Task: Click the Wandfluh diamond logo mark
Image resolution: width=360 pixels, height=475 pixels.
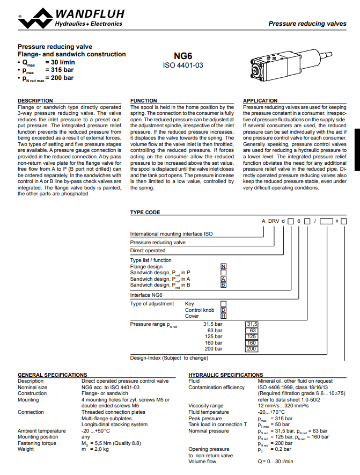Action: (35, 18)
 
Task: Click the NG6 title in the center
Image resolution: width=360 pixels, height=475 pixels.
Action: (183, 56)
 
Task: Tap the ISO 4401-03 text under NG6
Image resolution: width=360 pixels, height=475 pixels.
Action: (183, 65)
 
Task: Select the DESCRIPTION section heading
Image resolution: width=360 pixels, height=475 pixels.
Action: (35, 100)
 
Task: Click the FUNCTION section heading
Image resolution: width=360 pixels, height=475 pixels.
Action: (143, 100)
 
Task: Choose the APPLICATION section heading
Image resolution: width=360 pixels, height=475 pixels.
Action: (260, 100)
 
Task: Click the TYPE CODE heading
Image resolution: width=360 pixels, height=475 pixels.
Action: (145, 213)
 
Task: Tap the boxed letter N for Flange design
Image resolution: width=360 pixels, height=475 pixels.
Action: (223, 267)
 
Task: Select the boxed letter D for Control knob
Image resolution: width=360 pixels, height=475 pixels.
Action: (223, 310)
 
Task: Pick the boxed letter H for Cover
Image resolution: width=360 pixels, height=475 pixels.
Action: (223, 316)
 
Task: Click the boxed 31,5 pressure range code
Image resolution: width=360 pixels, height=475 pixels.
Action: (252, 324)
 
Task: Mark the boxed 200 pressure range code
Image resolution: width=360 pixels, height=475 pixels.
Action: (252, 349)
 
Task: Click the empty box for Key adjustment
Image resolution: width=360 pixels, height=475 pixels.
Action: (223, 304)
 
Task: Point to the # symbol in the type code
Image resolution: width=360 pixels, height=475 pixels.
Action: (337, 221)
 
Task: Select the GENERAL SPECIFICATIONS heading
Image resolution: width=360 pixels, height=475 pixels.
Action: (53, 375)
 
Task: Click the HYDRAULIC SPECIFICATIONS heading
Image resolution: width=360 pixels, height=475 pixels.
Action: (225, 375)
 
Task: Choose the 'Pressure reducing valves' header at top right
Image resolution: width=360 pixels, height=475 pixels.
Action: (307, 24)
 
